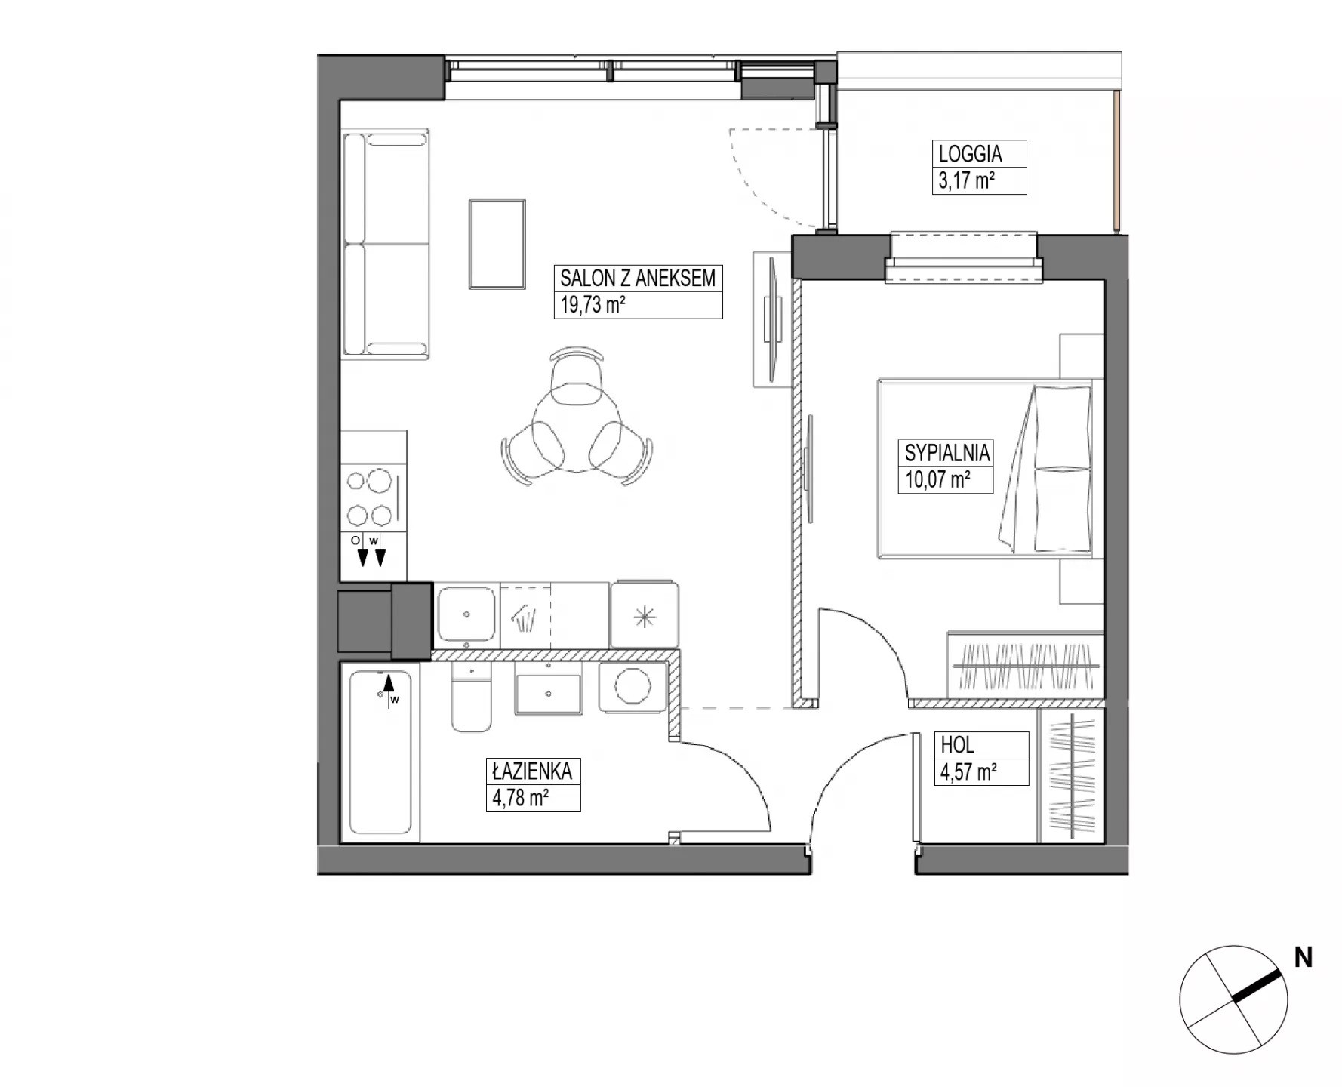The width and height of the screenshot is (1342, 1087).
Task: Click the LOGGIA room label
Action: click(970, 154)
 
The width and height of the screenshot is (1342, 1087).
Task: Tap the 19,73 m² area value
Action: click(593, 305)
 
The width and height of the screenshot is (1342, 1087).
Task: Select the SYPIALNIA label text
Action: click(946, 453)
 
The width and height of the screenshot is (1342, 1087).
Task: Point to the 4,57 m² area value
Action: click(968, 772)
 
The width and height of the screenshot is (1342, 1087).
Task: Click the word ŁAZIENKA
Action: click(532, 771)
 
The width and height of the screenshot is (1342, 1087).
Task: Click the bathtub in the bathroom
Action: click(380, 753)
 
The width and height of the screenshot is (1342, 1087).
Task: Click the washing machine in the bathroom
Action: click(633, 688)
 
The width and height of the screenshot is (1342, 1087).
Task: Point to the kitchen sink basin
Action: click(466, 614)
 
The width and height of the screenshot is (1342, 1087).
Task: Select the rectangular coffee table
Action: click(497, 244)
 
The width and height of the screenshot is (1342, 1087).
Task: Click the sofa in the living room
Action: click(386, 243)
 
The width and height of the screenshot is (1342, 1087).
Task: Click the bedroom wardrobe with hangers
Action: click(1024, 664)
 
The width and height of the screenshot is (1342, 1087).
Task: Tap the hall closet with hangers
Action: click(1071, 775)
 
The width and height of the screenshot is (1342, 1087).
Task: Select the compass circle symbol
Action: click(1233, 999)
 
